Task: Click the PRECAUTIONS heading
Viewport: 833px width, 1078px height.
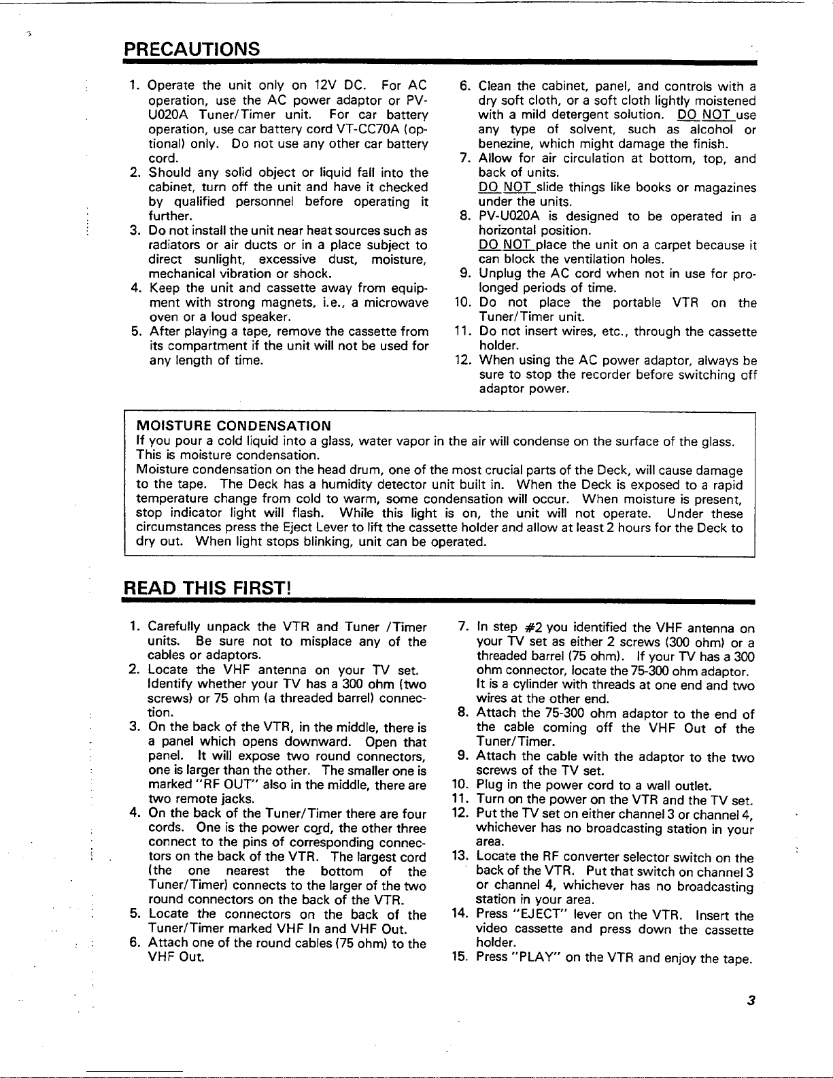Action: pyautogui.click(x=192, y=49)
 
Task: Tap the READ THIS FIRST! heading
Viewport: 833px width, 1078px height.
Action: pyautogui.click(x=207, y=588)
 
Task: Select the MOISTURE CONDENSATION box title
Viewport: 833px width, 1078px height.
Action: pyautogui.click(x=234, y=426)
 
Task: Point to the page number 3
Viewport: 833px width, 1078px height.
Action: pyautogui.click(x=751, y=1000)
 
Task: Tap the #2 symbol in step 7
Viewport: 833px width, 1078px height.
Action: pyautogui.click(x=532, y=627)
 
